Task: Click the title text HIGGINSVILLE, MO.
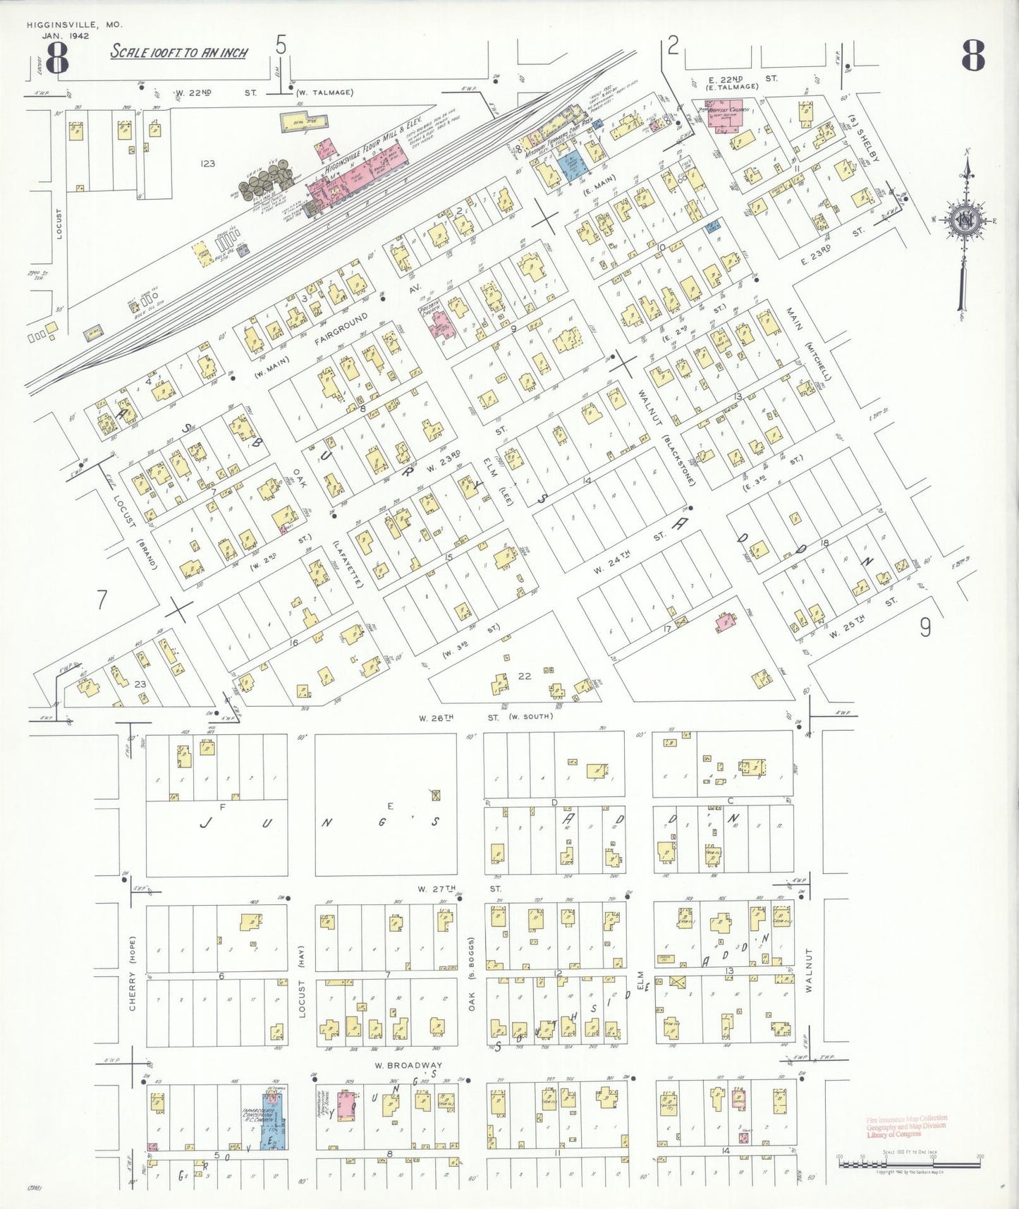(74, 25)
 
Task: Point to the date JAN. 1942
(66, 36)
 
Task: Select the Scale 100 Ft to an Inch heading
(178, 52)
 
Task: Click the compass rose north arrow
(963, 220)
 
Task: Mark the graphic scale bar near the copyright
(909, 1164)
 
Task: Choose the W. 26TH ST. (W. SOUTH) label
(485, 717)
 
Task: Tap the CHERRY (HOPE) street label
(132, 973)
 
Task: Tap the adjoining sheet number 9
(925, 626)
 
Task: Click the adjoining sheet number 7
(102, 600)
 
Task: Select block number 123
(207, 164)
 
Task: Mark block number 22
(525, 676)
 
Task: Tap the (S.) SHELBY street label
(865, 138)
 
